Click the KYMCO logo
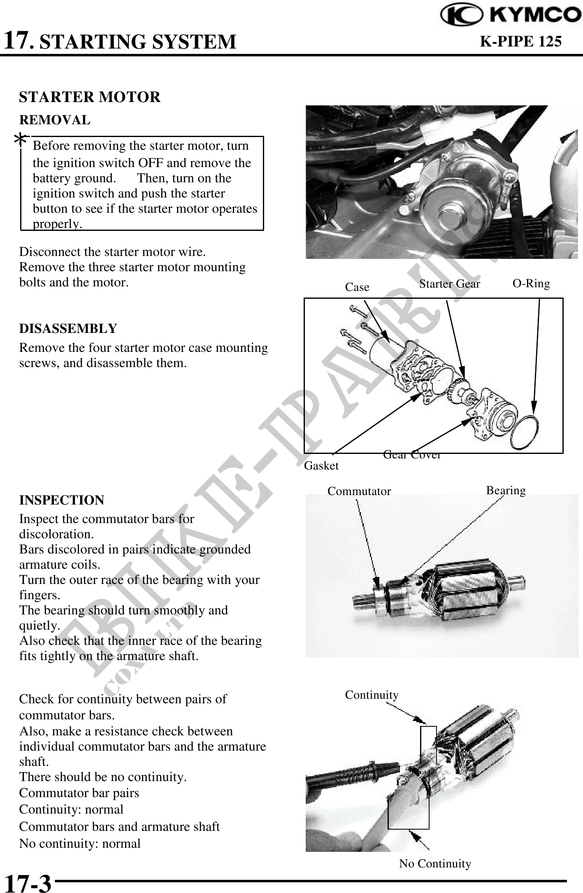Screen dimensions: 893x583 [510, 15]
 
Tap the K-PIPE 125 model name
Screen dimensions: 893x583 [520, 41]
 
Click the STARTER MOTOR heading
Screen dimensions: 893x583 [90, 97]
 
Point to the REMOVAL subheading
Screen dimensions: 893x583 [55, 120]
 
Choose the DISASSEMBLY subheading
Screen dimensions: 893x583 [68, 328]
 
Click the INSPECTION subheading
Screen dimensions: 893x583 [62, 500]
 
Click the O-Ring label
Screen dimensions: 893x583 [531, 284]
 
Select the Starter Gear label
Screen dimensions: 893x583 [449, 284]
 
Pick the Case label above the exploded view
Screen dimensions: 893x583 [357, 287]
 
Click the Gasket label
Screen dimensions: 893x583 [321, 466]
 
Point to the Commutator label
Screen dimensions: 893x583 [359, 491]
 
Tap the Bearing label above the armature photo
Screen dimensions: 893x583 [506, 491]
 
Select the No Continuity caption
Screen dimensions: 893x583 [435, 863]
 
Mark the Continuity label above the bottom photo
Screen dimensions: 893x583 [372, 695]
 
